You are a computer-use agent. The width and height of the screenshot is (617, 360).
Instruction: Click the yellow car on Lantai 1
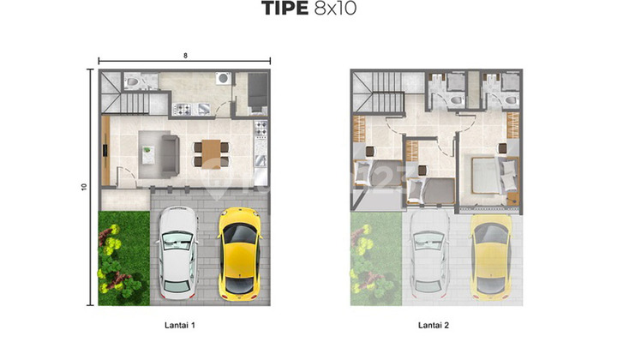(239, 255)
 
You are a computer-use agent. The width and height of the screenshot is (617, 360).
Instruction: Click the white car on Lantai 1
(178, 255)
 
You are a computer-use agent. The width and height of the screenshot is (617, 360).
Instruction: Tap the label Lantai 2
(435, 325)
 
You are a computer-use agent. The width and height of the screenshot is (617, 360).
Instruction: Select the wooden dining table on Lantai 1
(212, 150)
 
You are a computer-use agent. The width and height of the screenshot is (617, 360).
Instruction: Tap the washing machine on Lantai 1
(222, 80)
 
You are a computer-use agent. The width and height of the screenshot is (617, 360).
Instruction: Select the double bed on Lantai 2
(488, 175)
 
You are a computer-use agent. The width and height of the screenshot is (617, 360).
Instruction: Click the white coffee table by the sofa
(149, 154)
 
